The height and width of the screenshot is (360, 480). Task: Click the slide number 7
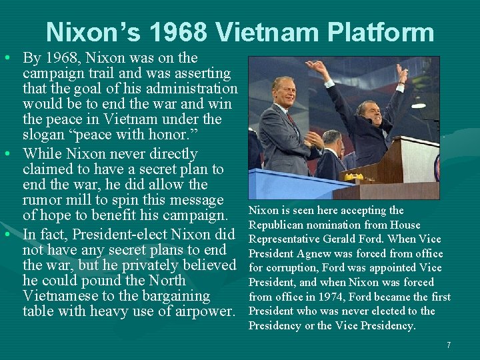coord(449,345)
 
